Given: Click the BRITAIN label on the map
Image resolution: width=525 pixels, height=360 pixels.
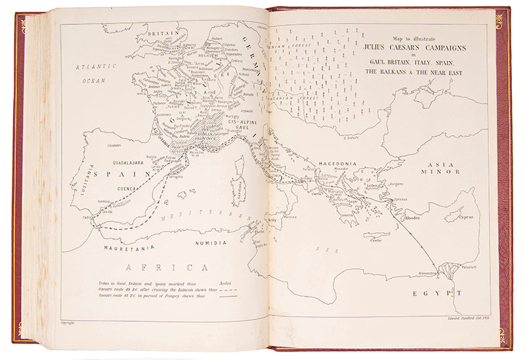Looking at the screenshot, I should click(x=163, y=33).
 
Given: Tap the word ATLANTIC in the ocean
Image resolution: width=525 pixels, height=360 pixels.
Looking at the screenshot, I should click(x=95, y=66).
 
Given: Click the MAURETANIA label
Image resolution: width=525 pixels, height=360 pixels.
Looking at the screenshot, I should click(x=129, y=248).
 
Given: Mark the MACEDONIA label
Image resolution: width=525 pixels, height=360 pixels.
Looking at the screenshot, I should click(x=337, y=163).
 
